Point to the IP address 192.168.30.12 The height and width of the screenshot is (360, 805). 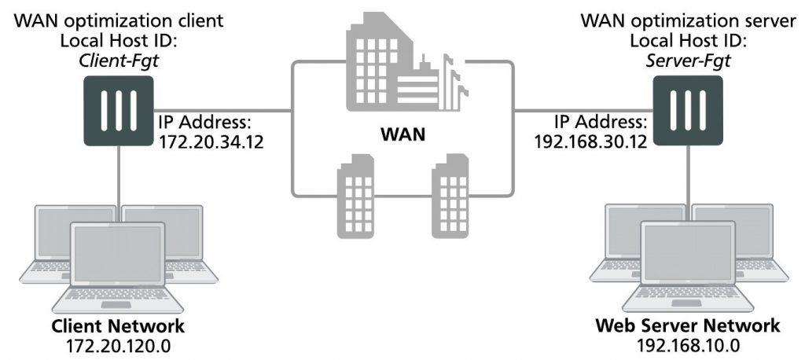pos(594,143)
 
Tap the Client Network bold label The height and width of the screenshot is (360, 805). pos(118,326)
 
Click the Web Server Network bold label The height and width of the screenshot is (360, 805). pos(688,326)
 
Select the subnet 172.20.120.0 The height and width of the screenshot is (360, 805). pos(118,344)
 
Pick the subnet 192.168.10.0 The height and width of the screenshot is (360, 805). pos(688,344)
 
